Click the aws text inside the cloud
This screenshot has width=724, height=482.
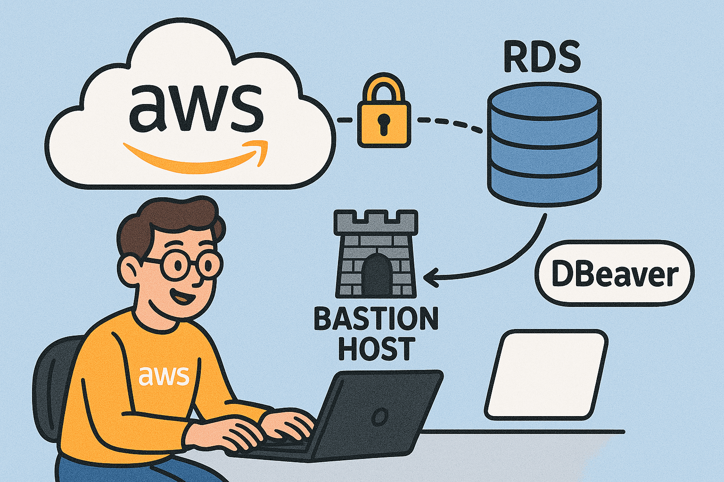(196, 108)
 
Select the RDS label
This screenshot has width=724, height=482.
(542, 57)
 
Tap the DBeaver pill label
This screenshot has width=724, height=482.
(615, 274)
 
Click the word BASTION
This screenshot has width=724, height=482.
(376, 319)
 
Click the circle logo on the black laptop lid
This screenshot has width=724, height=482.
(379, 417)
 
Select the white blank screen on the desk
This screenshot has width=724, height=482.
(546, 374)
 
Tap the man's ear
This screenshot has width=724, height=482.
(129, 270)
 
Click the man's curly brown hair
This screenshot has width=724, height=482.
(170, 221)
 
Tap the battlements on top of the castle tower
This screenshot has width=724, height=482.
(376, 221)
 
